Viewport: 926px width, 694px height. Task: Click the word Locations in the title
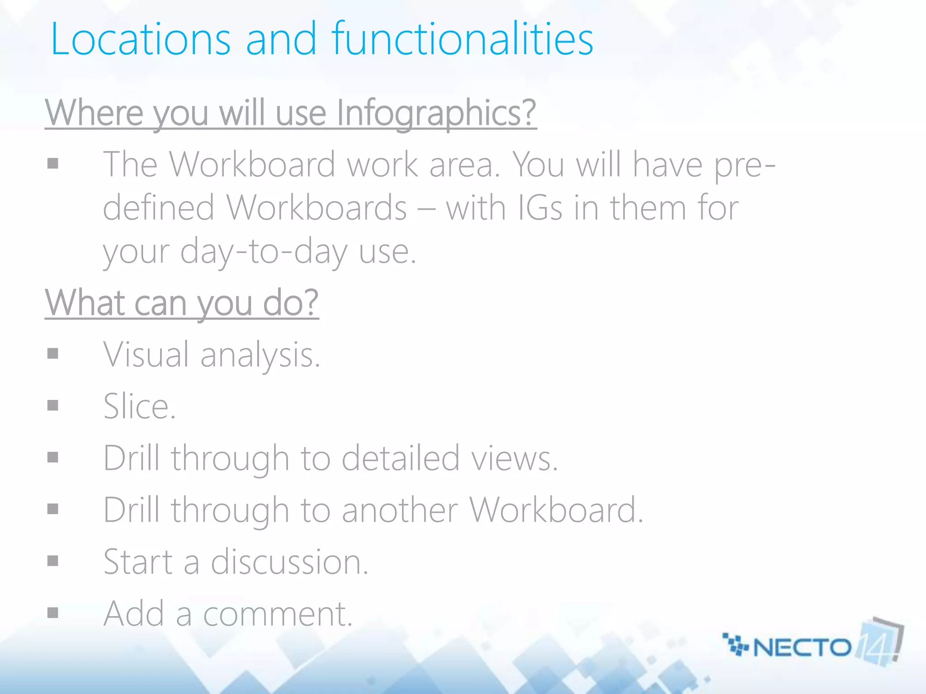[x=141, y=40]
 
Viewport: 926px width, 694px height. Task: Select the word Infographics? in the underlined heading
[x=436, y=113]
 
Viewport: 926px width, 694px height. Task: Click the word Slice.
[x=139, y=407]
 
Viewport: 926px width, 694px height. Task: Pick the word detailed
[x=401, y=459]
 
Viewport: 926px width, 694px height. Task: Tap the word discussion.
[x=289, y=562]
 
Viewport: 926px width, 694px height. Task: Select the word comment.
[x=277, y=614]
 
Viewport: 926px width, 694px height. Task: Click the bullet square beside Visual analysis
[x=53, y=353]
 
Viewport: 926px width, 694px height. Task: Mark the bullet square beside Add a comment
[x=53, y=613]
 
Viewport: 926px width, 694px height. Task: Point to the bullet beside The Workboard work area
[x=53, y=163]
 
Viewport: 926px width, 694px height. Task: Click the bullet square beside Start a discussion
[x=53, y=561]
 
